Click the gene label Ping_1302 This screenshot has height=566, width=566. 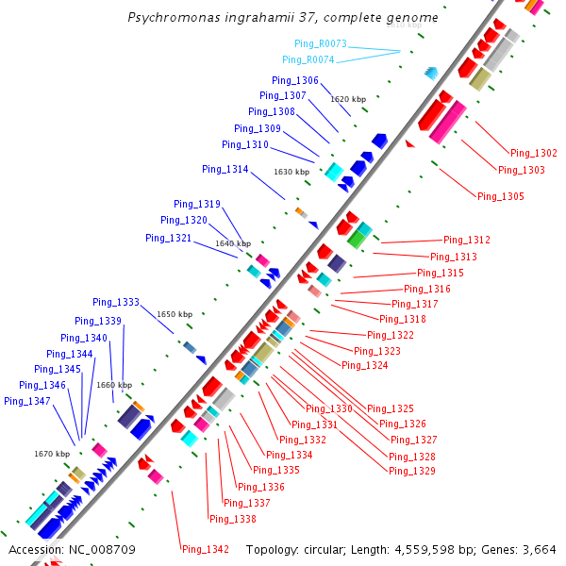tap(534, 153)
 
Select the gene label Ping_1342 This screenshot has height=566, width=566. tap(206, 549)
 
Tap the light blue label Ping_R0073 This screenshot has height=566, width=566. tap(321, 44)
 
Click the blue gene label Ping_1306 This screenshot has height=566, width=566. tap(295, 81)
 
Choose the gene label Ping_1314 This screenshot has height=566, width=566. tap(225, 170)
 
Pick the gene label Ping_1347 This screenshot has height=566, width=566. tap(27, 401)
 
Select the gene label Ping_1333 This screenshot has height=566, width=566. tap(116, 303)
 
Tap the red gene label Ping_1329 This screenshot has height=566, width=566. tap(412, 471)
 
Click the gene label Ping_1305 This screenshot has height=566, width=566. tap(501, 196)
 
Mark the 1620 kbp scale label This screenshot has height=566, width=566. tap(347, 99)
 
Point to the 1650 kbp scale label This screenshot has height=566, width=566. tap(175, 314)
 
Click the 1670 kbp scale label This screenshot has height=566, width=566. tap(52, 454)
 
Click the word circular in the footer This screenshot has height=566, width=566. tap(320, 549)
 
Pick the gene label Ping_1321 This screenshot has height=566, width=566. tap(169, 239)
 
